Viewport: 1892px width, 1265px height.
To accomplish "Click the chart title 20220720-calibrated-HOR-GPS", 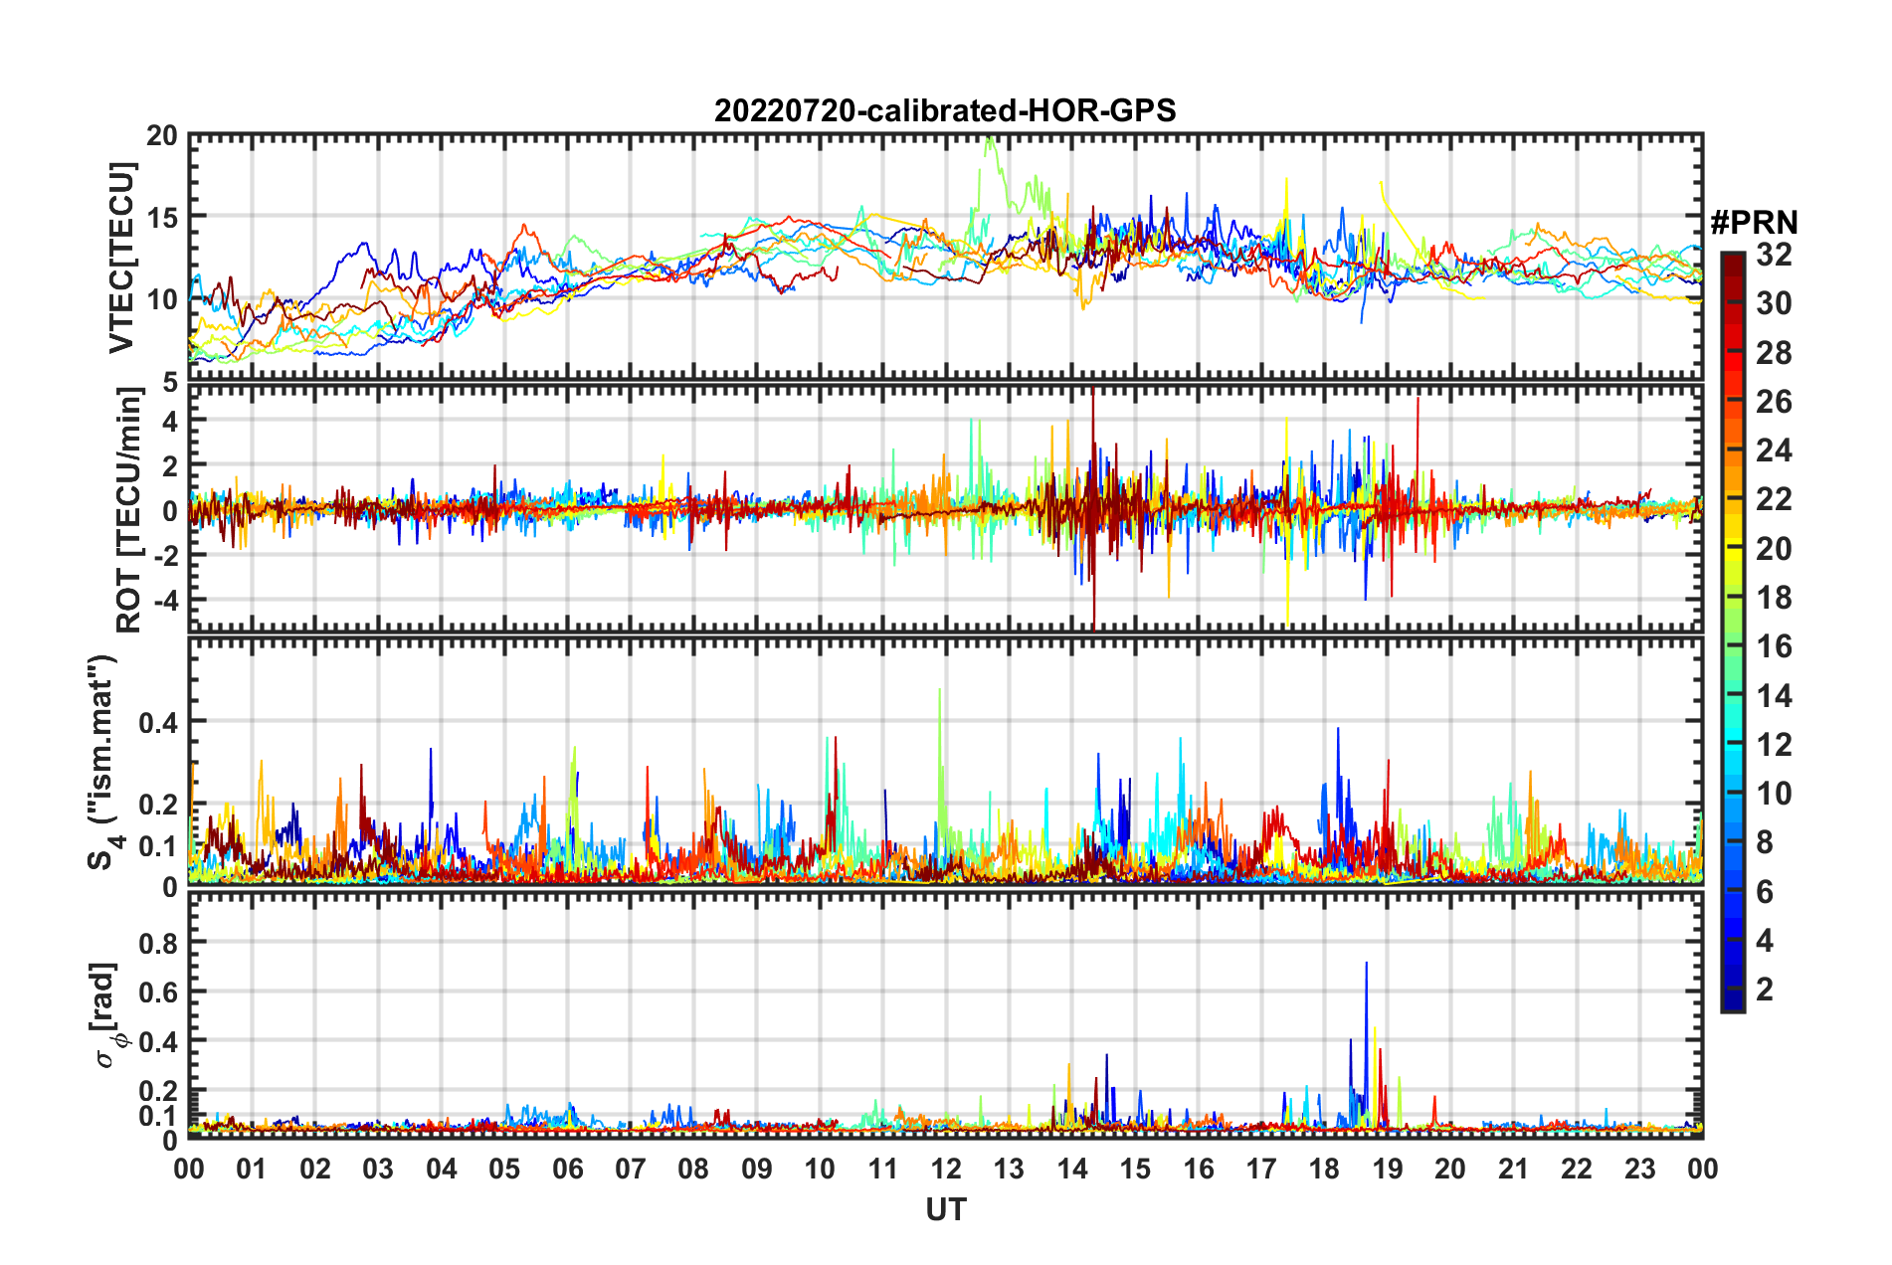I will pos(945,110).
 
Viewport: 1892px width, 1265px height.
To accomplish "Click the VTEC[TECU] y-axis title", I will pos(121,258).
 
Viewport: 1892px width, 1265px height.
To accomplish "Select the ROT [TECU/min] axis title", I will pos(128,509).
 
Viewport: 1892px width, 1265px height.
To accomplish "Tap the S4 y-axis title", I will pos(102,762).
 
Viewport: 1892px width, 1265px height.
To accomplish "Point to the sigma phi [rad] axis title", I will pos(108,1014).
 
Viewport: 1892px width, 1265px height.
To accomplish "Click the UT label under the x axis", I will pos(945,1209).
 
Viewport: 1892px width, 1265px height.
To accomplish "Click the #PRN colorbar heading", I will pos(1754,223).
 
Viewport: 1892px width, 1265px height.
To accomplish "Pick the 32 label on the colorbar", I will pos(1774,255).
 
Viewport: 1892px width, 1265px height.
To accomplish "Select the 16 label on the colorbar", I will pos(1774,646).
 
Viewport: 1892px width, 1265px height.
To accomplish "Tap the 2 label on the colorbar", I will pos(1765,989).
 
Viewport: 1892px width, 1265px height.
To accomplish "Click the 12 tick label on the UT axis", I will pos(945,1169).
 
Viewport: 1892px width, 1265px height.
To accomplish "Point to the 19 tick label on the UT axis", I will pos(1387,1169).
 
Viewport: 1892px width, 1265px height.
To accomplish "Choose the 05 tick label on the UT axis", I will pos(504,1169).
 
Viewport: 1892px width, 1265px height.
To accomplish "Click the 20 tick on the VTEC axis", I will pos(162,136).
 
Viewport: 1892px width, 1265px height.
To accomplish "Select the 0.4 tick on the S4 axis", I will pos(158,722).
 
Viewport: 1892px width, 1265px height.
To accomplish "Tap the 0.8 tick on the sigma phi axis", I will pos(158,942).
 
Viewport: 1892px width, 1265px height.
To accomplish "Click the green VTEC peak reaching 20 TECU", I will pos(989,141).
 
